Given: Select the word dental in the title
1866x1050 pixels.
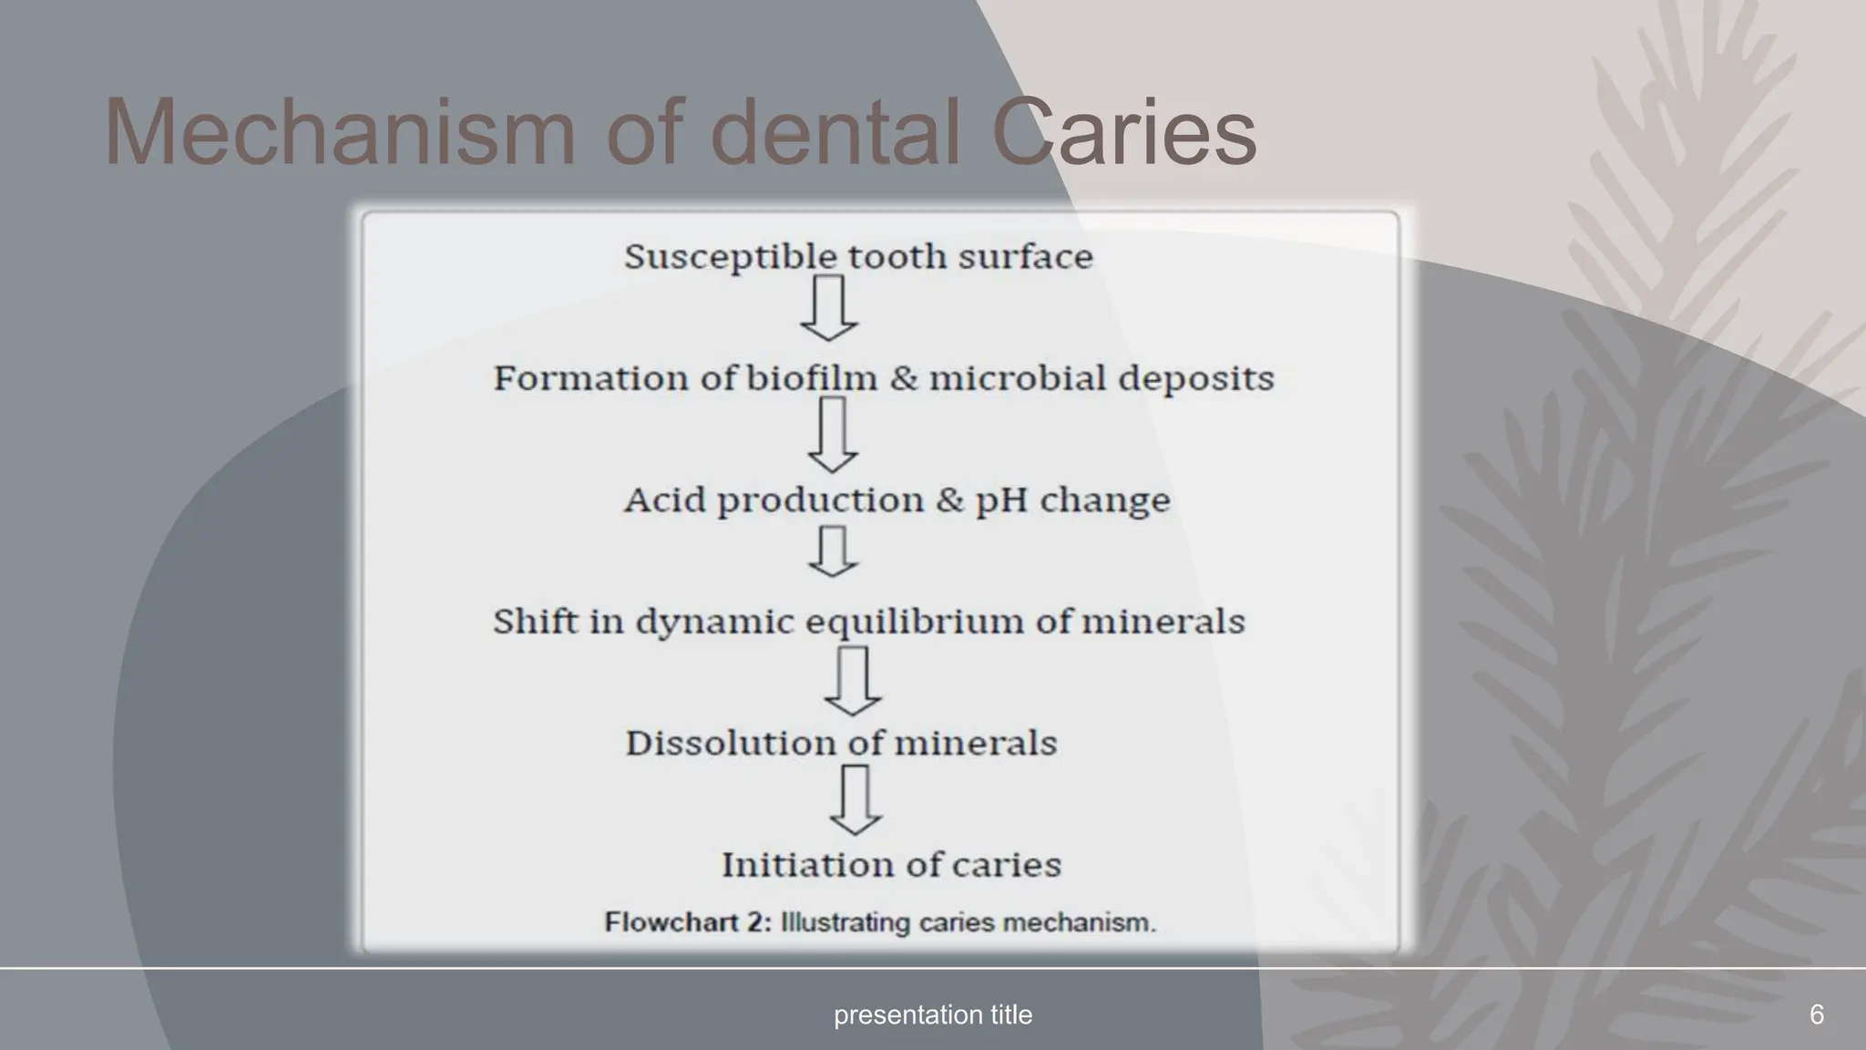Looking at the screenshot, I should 835,133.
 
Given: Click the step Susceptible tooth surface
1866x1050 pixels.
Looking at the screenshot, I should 858,257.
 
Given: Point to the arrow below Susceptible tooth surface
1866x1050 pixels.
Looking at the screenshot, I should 829,309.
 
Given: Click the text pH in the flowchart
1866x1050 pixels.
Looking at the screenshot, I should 1001,500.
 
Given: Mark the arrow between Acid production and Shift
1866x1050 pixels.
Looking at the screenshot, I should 833,551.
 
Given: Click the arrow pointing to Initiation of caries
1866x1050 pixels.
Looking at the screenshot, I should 855,800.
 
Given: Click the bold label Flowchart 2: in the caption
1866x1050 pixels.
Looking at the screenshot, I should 688,922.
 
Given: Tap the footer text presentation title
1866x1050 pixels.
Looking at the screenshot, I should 933,1014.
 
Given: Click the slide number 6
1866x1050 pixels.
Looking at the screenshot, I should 1816,1014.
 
